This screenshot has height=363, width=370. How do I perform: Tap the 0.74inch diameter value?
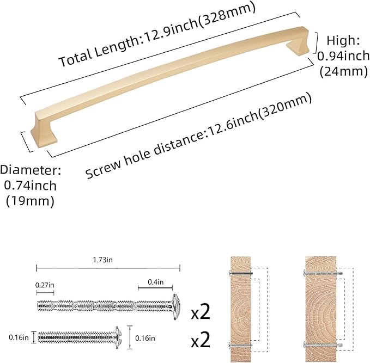[30, 186]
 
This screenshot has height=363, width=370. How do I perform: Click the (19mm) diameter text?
[30, 201]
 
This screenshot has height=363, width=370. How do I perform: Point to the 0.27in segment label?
[45, 284]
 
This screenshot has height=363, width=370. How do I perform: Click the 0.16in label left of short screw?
[19, 337]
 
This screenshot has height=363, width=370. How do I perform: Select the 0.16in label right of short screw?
[144, 337]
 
